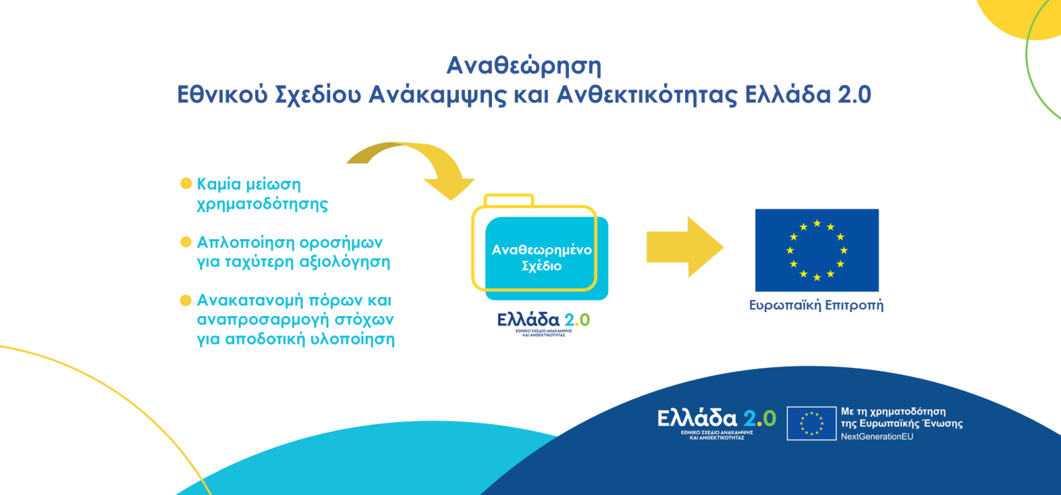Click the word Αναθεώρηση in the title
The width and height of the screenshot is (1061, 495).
524,66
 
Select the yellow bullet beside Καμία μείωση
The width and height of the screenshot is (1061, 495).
186,183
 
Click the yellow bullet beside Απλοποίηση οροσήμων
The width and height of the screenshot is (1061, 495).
186,242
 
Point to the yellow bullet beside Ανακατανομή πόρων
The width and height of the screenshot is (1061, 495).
186,300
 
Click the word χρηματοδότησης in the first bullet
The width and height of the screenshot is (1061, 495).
263,204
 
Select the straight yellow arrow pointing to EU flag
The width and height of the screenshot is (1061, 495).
684,247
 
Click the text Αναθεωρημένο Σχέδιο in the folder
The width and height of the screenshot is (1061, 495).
541,258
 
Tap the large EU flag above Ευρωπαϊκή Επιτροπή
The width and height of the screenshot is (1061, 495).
816,250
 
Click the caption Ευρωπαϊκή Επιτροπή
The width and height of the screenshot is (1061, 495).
816,305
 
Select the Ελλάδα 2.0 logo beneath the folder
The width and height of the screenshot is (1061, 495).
543,323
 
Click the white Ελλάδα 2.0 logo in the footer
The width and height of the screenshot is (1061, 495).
716,421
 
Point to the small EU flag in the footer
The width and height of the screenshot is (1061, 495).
811,423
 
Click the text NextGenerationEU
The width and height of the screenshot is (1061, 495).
877,437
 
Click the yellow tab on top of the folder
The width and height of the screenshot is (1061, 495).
509,199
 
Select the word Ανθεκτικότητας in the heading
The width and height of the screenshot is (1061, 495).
647,95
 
